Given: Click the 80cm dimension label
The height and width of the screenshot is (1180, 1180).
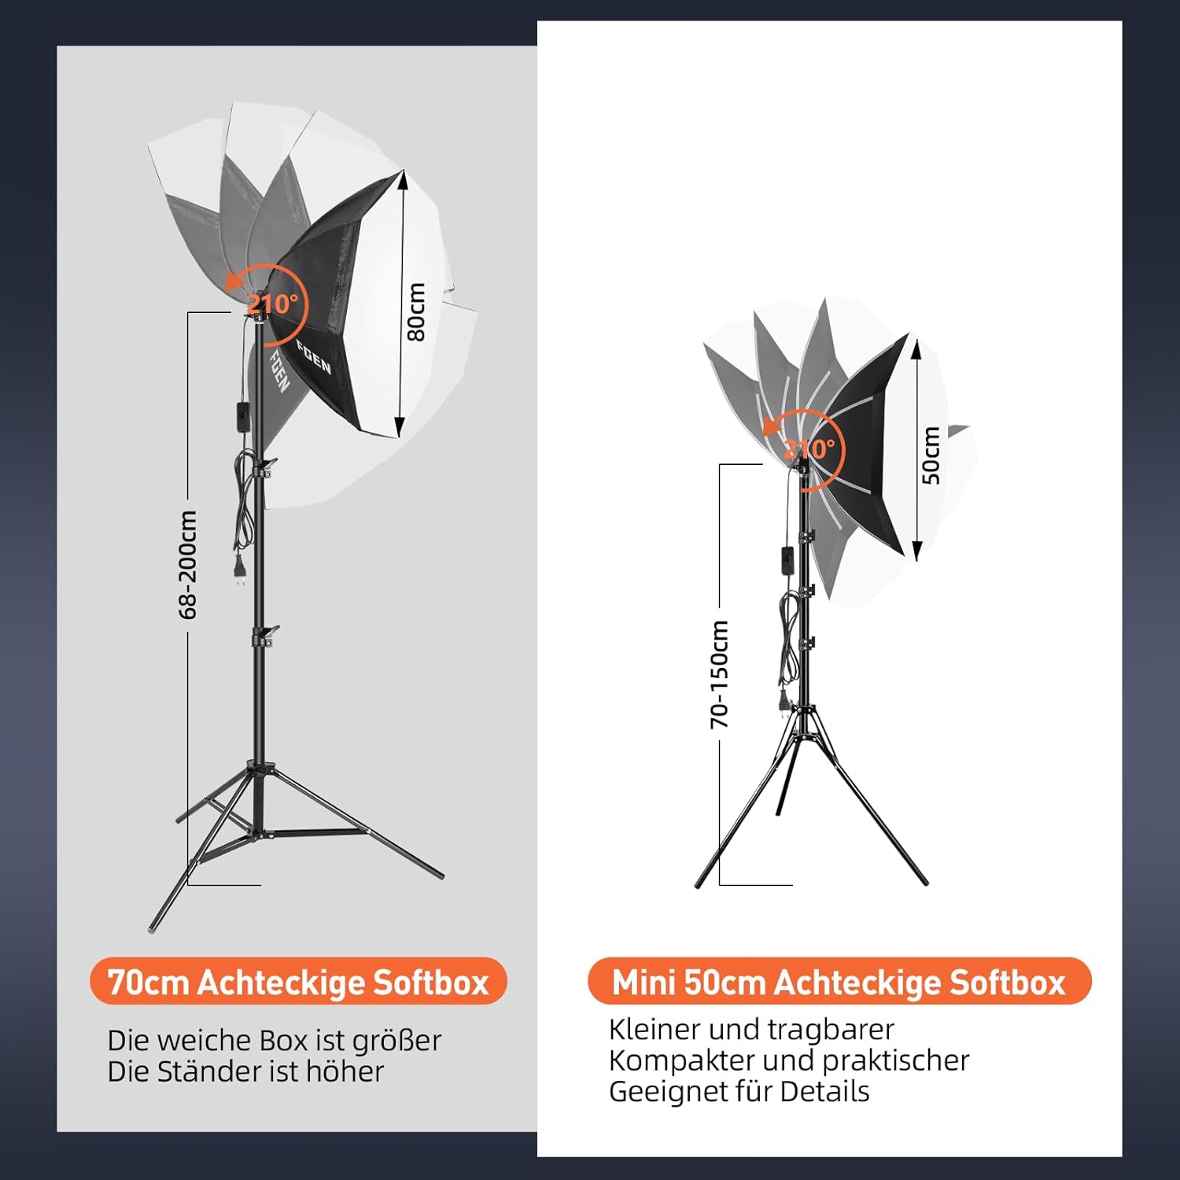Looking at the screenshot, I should pyautogui.click(x=416, y=312).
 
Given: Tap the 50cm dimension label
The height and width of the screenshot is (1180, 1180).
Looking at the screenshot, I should pyautogui.click(x=931, y=455).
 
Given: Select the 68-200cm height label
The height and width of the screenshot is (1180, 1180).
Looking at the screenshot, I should pyautogui.click(x=188, y=564).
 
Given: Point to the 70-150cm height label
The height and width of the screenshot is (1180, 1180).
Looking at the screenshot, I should pyautogui.click(x=719, y=673).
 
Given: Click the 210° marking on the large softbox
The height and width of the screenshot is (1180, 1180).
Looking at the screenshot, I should pyautogui.click(x=272, y=303).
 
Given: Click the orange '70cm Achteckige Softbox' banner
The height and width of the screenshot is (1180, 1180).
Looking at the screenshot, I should pyautogui.click(x=298, y=982).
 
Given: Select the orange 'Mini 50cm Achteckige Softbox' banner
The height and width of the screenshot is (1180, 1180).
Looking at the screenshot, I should pyautogui.click(x=839, y=982).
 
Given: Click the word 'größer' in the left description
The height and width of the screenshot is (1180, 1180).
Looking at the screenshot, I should pyautogui.click(x=396, y=1041).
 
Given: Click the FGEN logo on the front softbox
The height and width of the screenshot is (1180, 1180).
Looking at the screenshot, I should pyautogui.click(x=313, y=357).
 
